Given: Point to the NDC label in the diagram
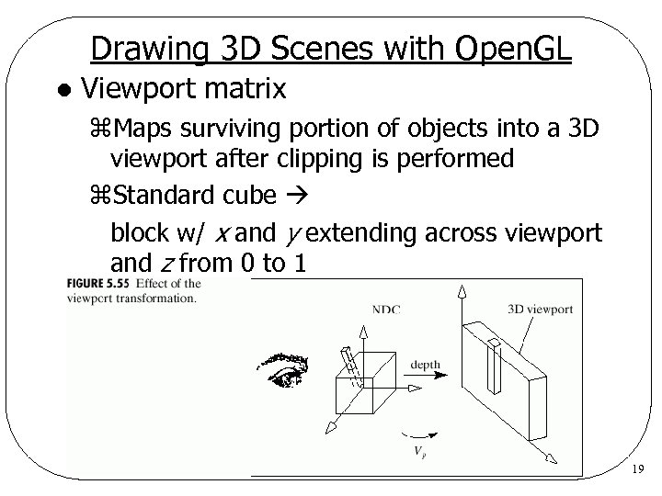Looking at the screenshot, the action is pyautogui.click(x=387, y=310).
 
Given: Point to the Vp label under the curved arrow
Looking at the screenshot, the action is pyautogui.click(x=419, y=450).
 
